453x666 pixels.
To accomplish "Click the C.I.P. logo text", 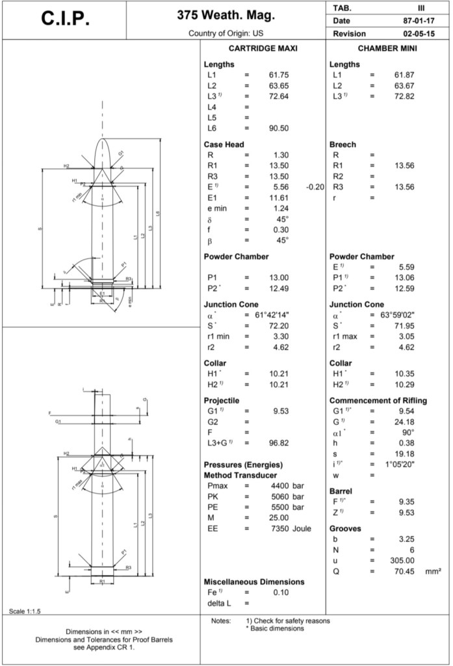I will coord(65,19).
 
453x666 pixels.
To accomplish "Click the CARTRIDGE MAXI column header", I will coord(263,49).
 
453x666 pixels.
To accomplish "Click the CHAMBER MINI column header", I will coord(387,49).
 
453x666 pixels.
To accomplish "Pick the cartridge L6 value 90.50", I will coord(279,129).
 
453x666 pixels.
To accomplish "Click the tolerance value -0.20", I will coord(315,187).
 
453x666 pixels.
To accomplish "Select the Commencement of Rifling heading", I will coord(378,401).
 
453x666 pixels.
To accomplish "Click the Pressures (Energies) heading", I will coord(243,464).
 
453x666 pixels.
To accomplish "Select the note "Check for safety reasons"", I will coord(287,620).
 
